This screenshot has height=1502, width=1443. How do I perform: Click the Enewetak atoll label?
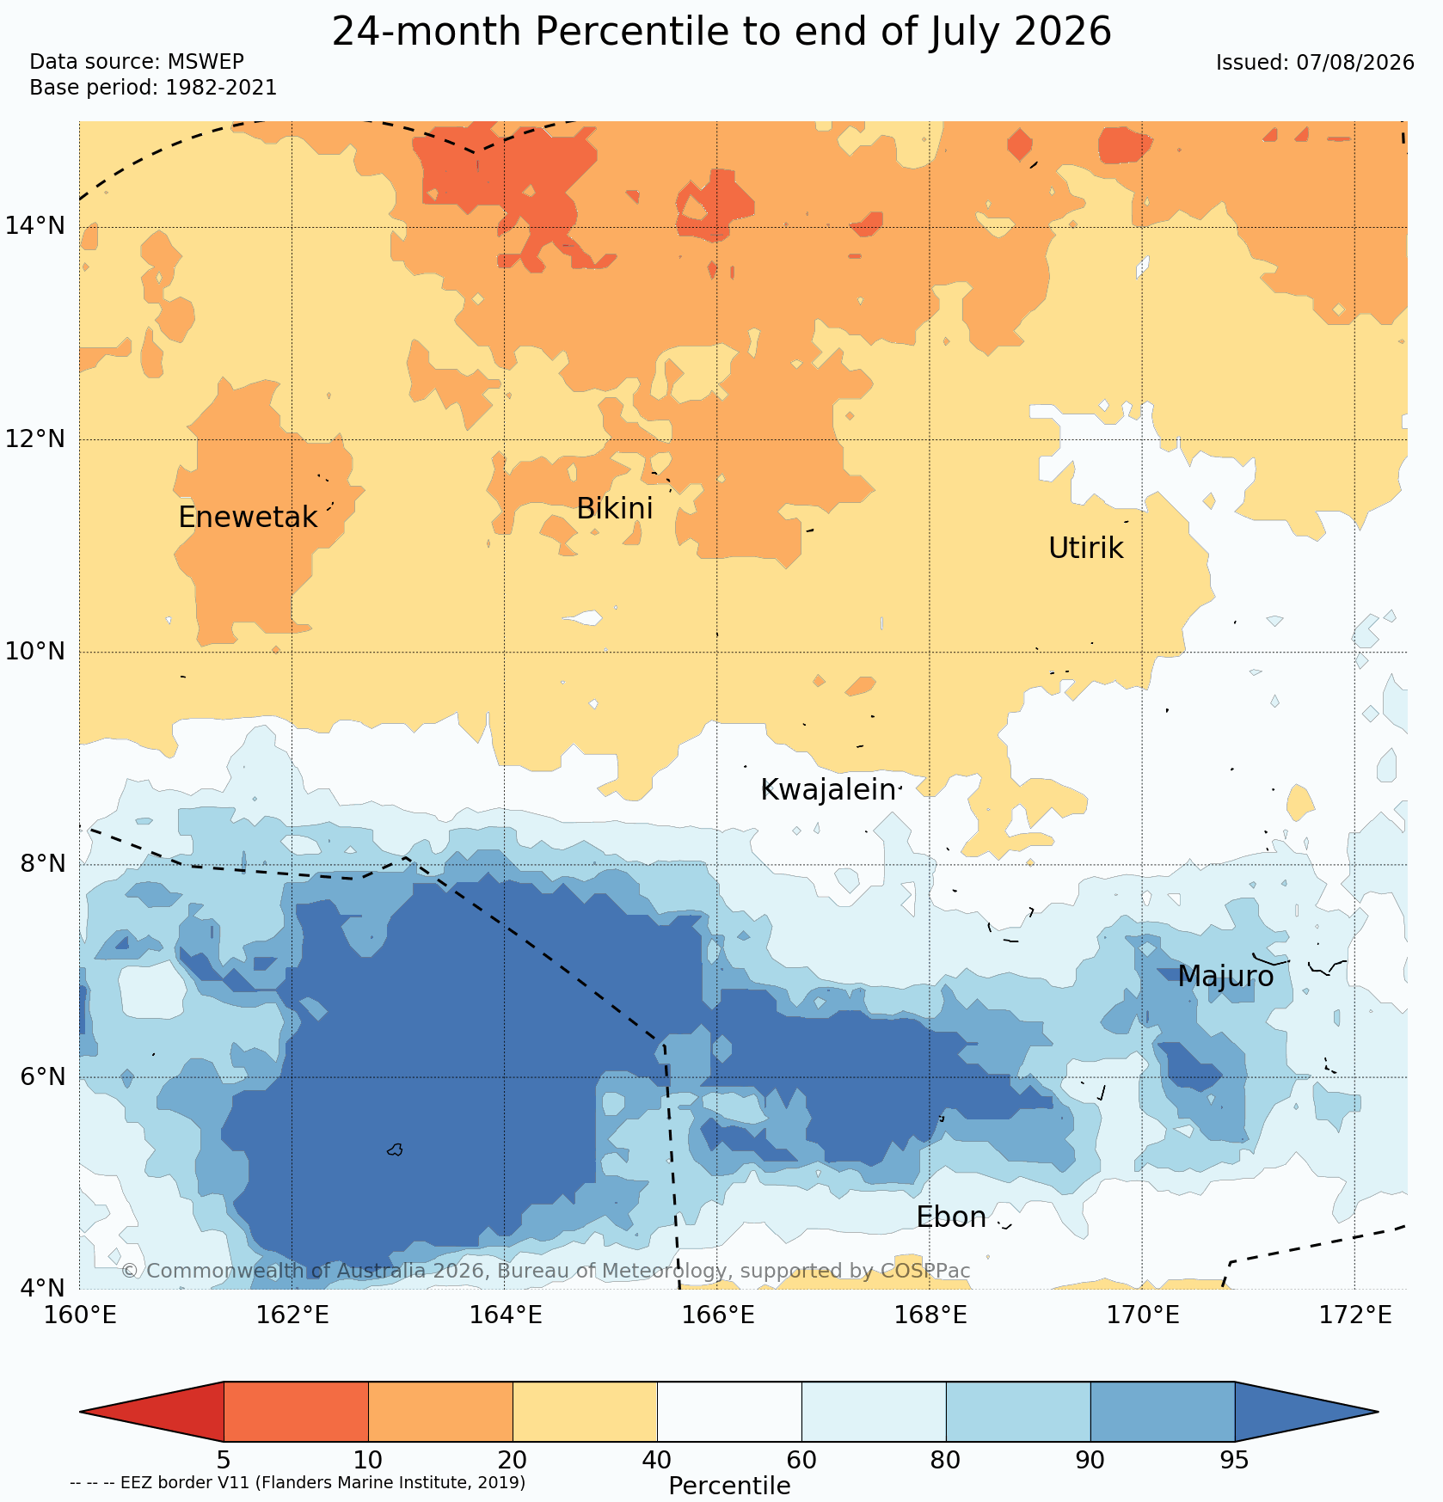point(248,518)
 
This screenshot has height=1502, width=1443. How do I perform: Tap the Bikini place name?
point(614,509)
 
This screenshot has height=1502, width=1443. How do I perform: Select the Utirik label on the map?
point(1086,549)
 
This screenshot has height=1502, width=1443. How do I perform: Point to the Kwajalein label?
point(828,790)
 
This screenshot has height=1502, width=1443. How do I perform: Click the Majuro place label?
point(1225,977)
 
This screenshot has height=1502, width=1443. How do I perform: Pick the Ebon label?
point(951,1217)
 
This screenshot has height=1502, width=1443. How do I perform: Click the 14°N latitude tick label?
point(35,226)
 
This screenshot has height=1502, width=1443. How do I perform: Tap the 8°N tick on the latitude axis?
point(42,863)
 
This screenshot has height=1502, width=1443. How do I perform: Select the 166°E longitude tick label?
point(717,1315)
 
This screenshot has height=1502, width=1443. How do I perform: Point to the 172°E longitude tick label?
point(1354,1315)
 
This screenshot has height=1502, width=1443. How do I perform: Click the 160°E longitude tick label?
point(79,1315)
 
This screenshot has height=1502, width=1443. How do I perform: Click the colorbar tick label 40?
point(657,1460)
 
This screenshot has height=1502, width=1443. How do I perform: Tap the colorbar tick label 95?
point(1234,1460)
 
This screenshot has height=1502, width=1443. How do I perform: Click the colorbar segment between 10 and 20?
point(440,1412)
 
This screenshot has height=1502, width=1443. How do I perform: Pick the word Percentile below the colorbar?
point(729,1486)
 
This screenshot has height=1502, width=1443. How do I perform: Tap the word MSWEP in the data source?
point(206,62)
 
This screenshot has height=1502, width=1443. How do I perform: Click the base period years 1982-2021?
point(221,88)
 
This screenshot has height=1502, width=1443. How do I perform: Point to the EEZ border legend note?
point(298,1482)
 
